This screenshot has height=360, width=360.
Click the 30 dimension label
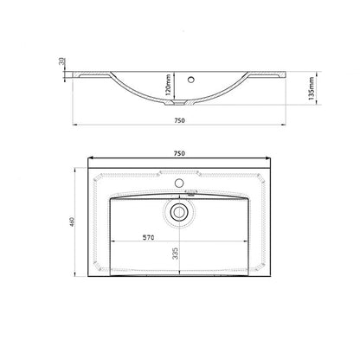pos(61,61)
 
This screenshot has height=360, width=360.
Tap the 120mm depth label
pos(169,85)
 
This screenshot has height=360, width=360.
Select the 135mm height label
pos(312,88)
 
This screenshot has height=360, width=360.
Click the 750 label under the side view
pos(179,120)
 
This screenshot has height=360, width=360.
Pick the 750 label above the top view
pos(179,153)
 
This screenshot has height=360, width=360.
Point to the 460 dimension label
pos(73,222)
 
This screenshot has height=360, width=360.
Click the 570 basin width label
pos(149,237)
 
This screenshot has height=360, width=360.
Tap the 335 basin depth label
pos(176,254)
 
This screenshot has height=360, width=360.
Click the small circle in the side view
pos(190,80)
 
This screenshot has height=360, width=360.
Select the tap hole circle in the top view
pos(179,183)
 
